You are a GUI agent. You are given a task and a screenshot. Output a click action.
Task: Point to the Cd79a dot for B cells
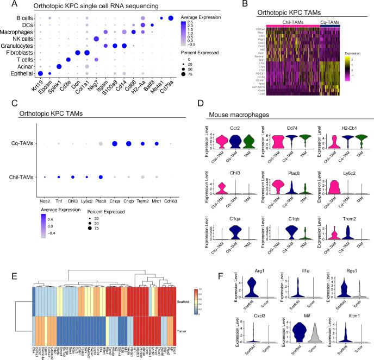[172, 19]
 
